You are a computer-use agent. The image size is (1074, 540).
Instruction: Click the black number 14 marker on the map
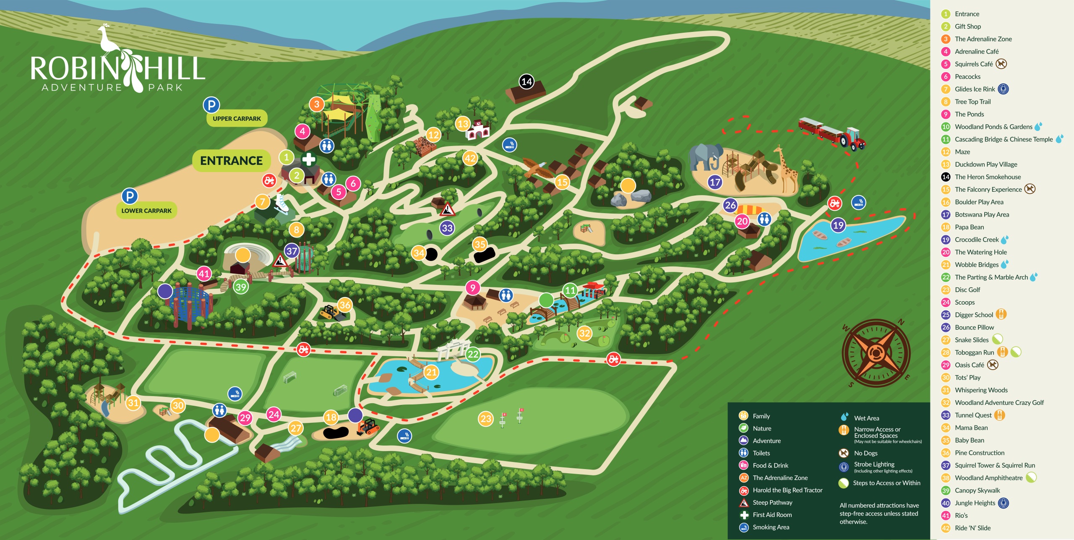click(x=527, y=81)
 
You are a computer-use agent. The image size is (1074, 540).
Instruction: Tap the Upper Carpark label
click(x=237, y=119)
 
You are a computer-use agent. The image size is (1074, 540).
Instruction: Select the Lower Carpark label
click(x=146, y=211)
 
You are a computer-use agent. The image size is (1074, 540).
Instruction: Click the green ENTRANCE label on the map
click(x=231, y=161)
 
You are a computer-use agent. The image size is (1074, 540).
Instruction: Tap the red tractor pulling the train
click(x=852, y=138)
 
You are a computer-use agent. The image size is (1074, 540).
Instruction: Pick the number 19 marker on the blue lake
click(x=838, y=225)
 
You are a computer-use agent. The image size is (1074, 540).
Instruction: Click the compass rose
click(x=876, y=352)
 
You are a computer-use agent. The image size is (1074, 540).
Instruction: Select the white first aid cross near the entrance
click(x=309, y=159)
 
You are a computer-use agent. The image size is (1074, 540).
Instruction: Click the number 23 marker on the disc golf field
click(x=486, y=418)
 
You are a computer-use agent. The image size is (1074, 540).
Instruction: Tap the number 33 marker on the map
click(x=447, y=228)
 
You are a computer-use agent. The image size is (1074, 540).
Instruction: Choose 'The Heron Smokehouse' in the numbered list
click(x=988, y=177)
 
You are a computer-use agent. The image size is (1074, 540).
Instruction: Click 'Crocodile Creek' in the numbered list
click(x=977, y=240)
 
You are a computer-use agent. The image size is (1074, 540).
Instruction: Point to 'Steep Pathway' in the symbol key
click(x=772, y=502)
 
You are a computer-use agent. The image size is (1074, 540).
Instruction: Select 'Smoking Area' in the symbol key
click(x=771, y=527)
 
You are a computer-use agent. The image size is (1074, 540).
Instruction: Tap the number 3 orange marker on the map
click(x=317, y=104)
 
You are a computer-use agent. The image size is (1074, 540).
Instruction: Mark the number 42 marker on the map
click(x=470, y=158)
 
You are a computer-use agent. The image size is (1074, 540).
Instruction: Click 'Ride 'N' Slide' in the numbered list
click(x=972, y=528)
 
